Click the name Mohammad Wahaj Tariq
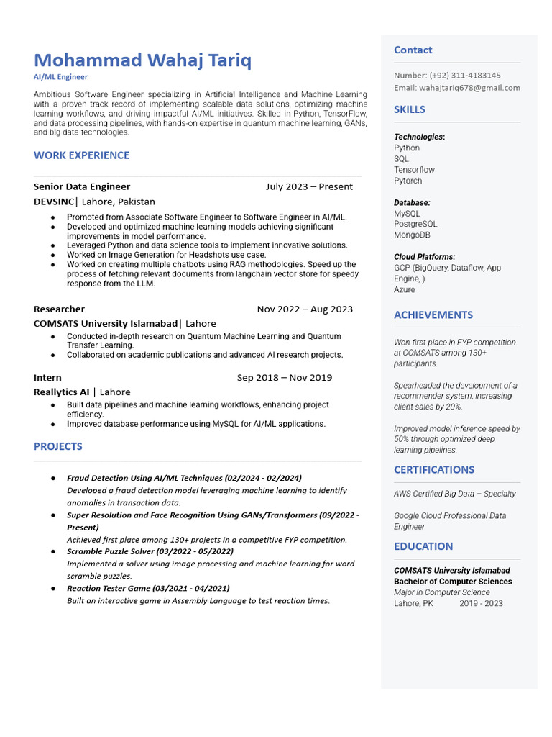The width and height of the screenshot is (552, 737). point(142,60)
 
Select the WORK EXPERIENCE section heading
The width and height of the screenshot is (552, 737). point(81,155)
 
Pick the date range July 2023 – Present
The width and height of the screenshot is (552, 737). point(309,186)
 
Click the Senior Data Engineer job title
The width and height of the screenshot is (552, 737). point(82,186)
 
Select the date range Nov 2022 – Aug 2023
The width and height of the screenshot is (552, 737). point(305,309)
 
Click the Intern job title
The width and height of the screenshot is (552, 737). point(47,378)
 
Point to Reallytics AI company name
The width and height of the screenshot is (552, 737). point(61,392)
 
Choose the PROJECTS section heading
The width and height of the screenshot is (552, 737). point(57,446)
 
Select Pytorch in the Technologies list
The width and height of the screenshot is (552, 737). point(408,181)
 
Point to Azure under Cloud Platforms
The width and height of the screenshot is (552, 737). point(405,289)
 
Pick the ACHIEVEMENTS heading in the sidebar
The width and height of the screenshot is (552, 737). point(433,315)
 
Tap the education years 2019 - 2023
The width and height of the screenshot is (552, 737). point(481,603)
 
